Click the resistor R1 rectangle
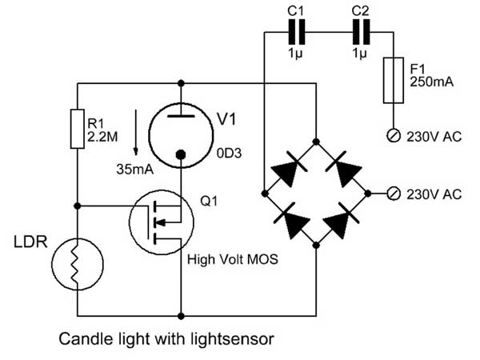click(x=78, y=126)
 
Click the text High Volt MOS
click(x=228, y=260)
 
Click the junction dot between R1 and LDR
click(x=78, y=206)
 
